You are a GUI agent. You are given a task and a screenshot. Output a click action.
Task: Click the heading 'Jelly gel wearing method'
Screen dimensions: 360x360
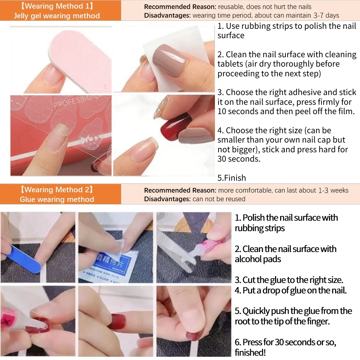pyautogui.click(x=57, y=16)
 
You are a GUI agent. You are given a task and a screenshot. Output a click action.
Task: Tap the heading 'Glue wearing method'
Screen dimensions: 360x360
pyautogui.click(x=57, y=199)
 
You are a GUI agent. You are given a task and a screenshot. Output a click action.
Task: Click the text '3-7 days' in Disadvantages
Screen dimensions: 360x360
pyautogui.click(x=326, y=15)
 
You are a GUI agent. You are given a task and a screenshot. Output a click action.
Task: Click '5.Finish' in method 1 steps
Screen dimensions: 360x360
pyautogui.click(x=231, y=178)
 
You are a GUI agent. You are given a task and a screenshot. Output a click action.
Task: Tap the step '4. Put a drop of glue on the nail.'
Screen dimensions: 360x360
pyautogui.click(x=291, y=290)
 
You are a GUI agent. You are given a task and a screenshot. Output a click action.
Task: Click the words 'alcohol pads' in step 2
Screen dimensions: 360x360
pyautogui.click(x=258, y=259)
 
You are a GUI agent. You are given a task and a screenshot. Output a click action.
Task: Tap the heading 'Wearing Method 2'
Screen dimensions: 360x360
pyautogui.click(x=57, y=190)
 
